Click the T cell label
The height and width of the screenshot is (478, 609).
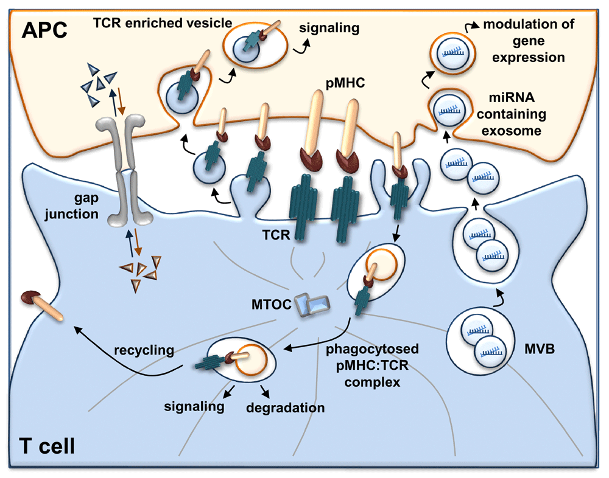pyautogui.click(x=43, y=447)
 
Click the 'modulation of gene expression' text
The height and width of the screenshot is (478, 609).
pyautogui.click(x=523, y=41)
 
